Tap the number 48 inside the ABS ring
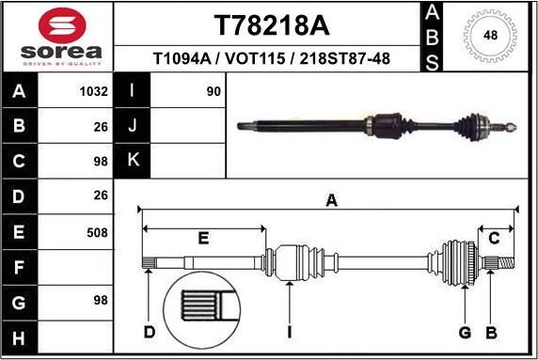490,36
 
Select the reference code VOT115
257,59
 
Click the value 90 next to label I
213,92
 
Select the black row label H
21,336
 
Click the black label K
133,161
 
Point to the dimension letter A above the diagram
331,199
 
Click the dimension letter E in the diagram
203,239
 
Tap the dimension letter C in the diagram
493,239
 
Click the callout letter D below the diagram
149,332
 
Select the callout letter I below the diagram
290,332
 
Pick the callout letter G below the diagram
464,332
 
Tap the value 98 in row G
99,300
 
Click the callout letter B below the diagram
490,332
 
